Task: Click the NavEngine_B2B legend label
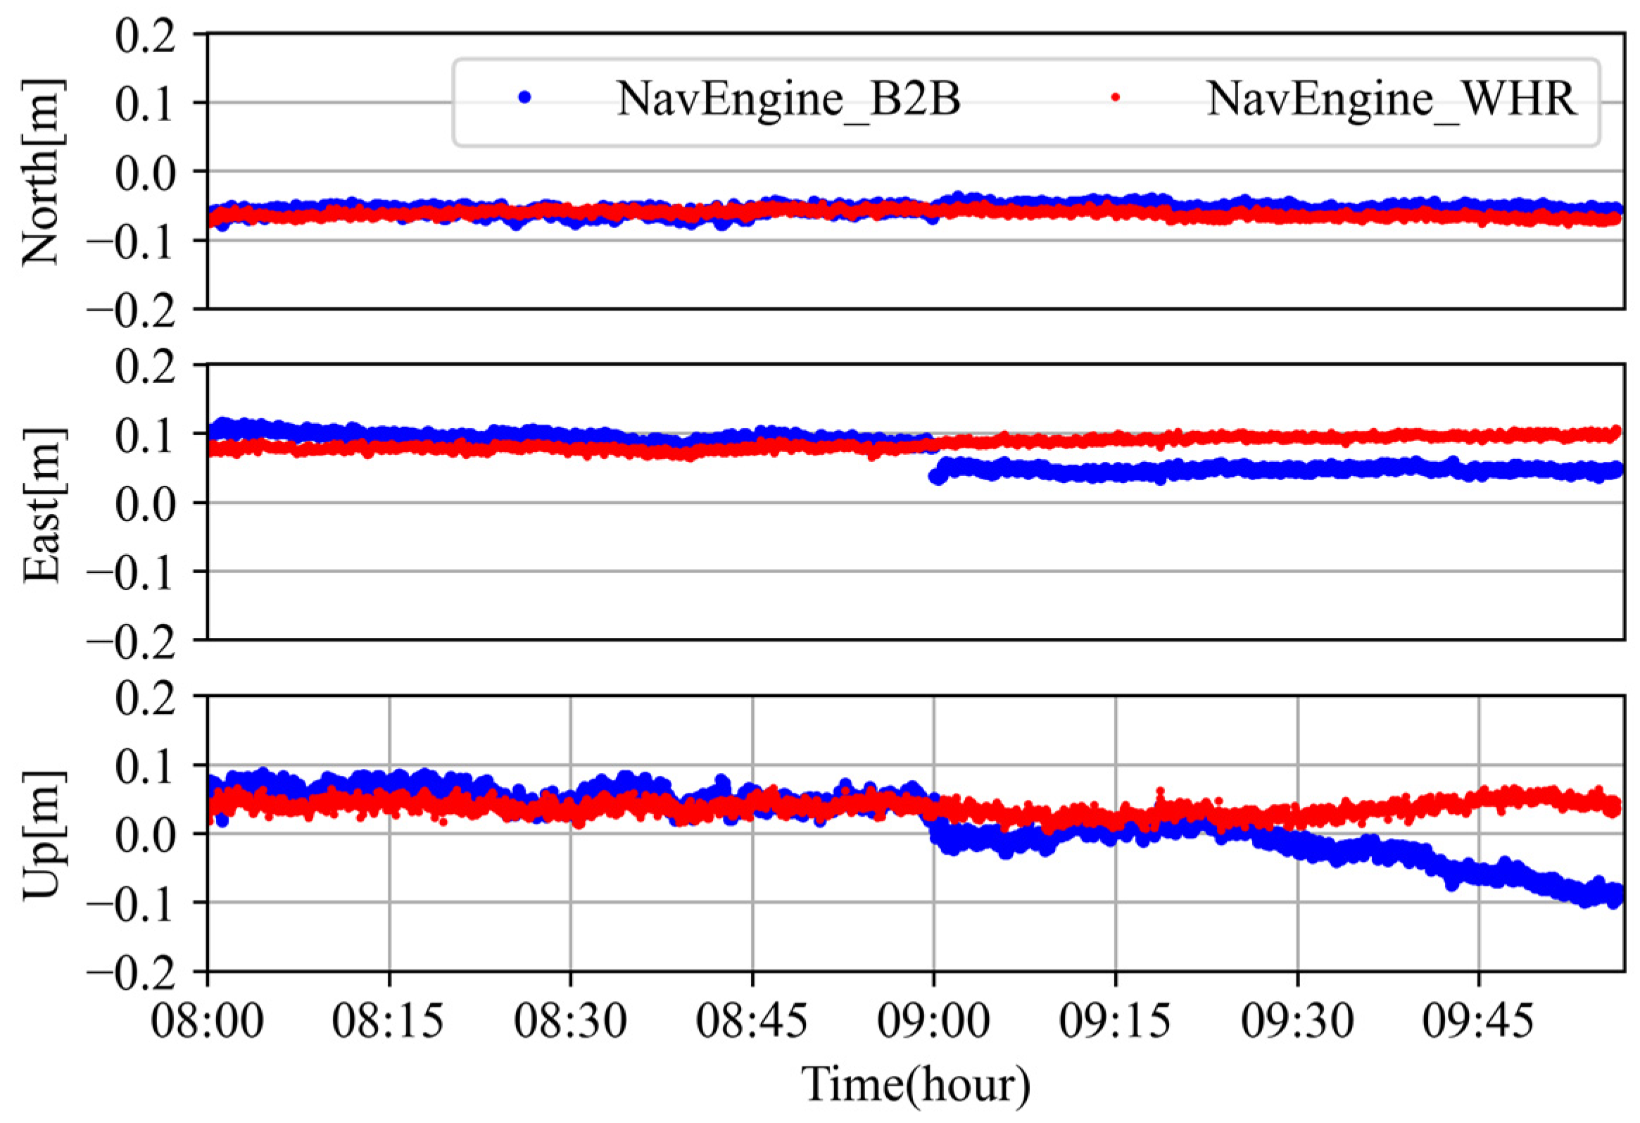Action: coord(788,99)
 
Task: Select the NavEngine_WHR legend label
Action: coord(1391,99)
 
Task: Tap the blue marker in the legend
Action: coord(524,97)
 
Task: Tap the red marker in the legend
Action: coord(1116,97)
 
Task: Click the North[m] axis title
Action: coord(42,172)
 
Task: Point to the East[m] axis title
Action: coord(42,504)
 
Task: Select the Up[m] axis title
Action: coord(42,835)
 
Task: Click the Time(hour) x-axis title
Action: coord(915,1084)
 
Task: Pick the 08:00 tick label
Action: coord(208,1021)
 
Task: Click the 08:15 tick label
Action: coord(389,1021)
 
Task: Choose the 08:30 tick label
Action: coord(570,1021)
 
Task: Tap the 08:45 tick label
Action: coord(752,1021)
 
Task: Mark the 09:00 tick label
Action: coord(933,1021)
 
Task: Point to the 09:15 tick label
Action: coord(1115,1021)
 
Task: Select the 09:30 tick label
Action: coord(1297,1021)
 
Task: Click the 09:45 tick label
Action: coord(1478,1021)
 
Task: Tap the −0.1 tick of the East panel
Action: coord(131,572)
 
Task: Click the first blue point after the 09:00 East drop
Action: coord(935,477)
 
